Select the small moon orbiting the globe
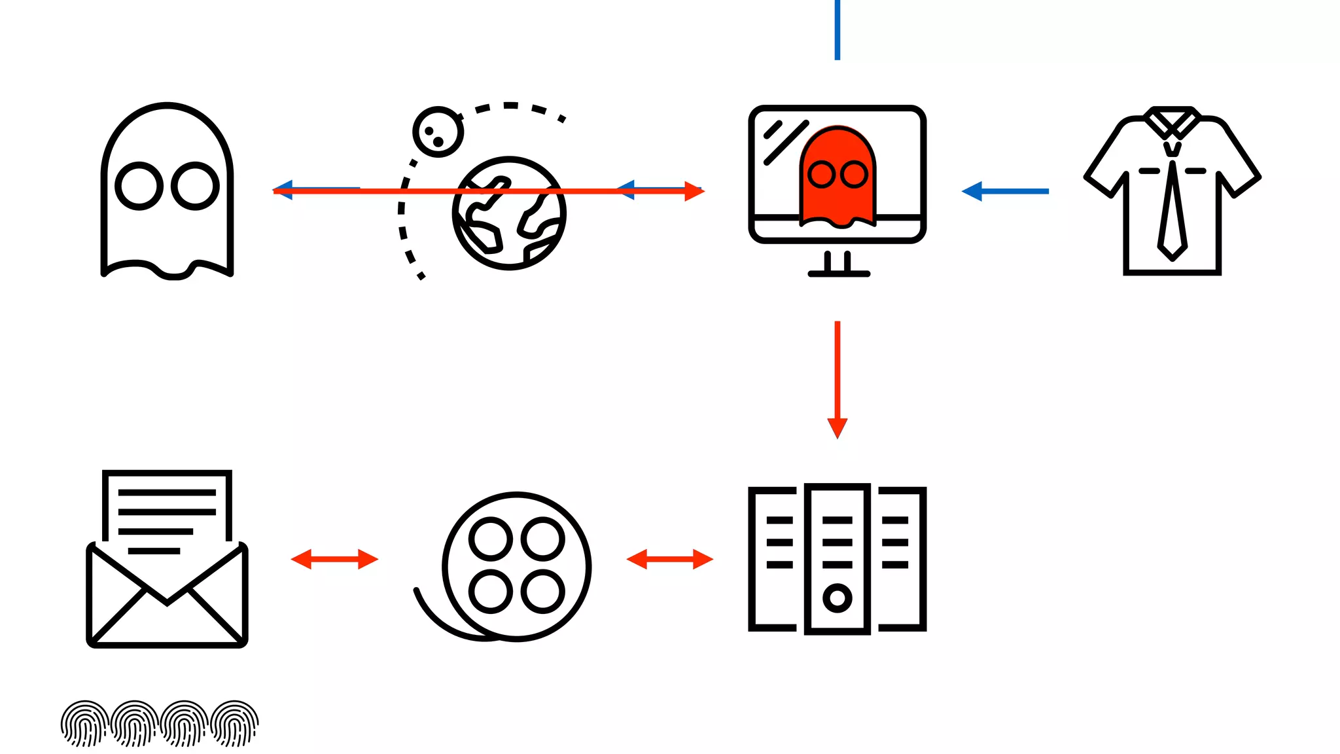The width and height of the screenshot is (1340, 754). [x=438, y=132]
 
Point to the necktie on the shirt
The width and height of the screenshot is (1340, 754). [x=1172, y=209]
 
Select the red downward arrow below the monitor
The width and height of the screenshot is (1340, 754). [x=837, y=380]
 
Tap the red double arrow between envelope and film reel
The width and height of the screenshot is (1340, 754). [x=334, y=559]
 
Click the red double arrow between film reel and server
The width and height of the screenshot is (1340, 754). [x=670, y=559]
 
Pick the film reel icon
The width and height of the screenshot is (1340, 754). [x=516, y=566]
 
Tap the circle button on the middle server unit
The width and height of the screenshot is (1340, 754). [x=837, y=598]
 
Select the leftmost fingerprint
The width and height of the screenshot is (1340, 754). [x=84, y=723]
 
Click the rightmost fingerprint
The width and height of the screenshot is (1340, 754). [x=235, y=723]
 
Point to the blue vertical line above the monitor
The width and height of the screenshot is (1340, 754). [x=837, y=29]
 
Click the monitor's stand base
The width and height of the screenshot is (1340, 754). [x=839, y=273]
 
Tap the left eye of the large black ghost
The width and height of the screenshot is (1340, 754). [x=139, y=186]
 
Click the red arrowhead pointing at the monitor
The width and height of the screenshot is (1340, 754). [x=694, y=191]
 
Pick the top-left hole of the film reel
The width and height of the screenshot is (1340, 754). [x=491, y=539]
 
